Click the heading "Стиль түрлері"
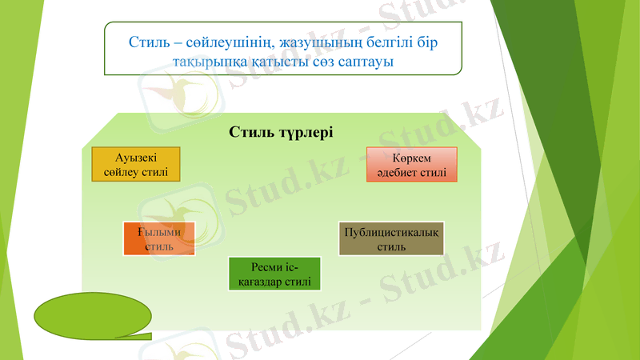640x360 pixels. click(280, 132)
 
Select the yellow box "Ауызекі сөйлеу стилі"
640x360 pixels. click(135, 164)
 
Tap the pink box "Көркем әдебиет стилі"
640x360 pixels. click(411, 165)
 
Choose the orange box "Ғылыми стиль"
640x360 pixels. click(159, 238)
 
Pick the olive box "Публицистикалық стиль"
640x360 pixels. click(391, 238)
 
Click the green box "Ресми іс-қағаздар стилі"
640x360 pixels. click(274, 274)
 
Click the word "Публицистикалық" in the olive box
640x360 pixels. click(391, 232)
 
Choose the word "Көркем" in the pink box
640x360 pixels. click(412, 158)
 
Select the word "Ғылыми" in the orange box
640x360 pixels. click(159, 232)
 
